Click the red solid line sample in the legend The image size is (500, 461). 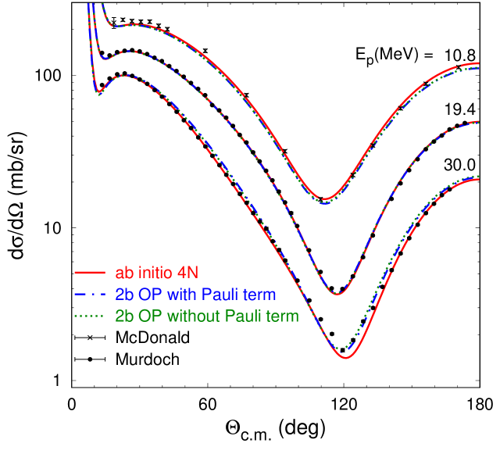[x=90, y=273]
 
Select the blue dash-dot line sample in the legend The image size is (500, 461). [x=90, y=295]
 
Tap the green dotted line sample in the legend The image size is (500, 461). [x=90, y=316]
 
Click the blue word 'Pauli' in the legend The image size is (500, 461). [x=221, y=295]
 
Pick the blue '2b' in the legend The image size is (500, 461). [x=124, y=295]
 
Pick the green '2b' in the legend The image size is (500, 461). [x=124, y=316]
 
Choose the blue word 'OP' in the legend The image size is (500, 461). [x=151, y=295]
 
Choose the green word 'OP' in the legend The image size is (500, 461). [x=151, y=316]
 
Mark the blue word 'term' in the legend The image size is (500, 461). [x=260, y=295]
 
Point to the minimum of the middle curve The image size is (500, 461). [x=337, y=294]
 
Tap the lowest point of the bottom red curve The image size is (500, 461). [x=346, y=357]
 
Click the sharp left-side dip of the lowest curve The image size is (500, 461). [x=98, y=93]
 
